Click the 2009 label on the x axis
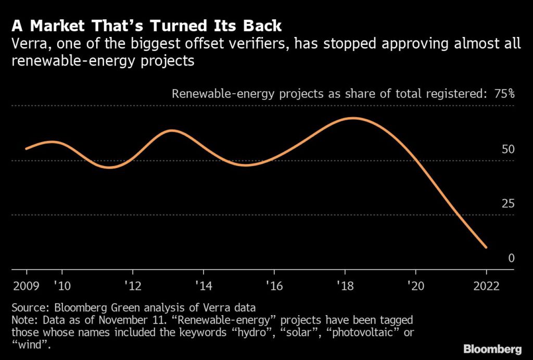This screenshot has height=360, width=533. [27, 286]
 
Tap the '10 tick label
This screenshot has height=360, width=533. [61, 286]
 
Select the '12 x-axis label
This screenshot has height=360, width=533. [133, 286]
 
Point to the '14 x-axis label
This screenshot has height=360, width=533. [203, 286]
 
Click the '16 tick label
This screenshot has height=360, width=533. [274, 286]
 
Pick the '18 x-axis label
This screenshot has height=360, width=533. [345, 286]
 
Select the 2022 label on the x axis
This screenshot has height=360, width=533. [486, 286]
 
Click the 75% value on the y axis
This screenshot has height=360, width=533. [504, 94]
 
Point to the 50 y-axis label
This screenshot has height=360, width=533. [508, 149]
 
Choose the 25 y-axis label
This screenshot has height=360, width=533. [508, 203]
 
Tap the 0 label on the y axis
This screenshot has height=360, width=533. [511, 258]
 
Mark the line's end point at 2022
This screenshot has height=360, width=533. [486, 247]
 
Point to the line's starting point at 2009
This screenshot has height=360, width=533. [27, 149]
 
